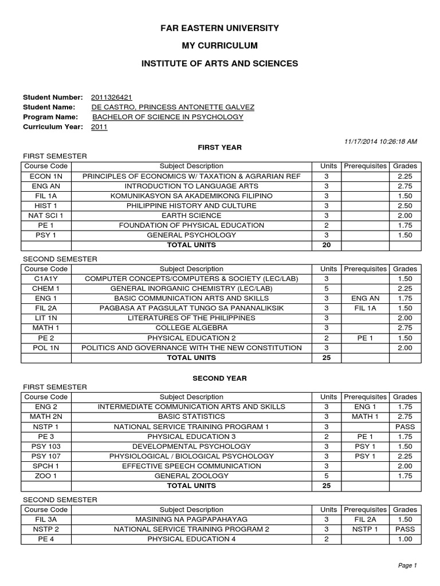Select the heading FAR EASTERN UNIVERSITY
click(220, 27)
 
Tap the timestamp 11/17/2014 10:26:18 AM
click(380, 141)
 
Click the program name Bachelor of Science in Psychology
click(168, 117)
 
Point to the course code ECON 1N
click(46, 176)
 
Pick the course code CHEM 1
click(46, 288)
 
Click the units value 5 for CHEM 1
click(326, 288)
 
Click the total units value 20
click(326, 245)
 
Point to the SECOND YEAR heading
click(219, 378)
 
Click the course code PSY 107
click(46, 456)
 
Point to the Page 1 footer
click(407, 565)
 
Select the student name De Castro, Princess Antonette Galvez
click(173, 107)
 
